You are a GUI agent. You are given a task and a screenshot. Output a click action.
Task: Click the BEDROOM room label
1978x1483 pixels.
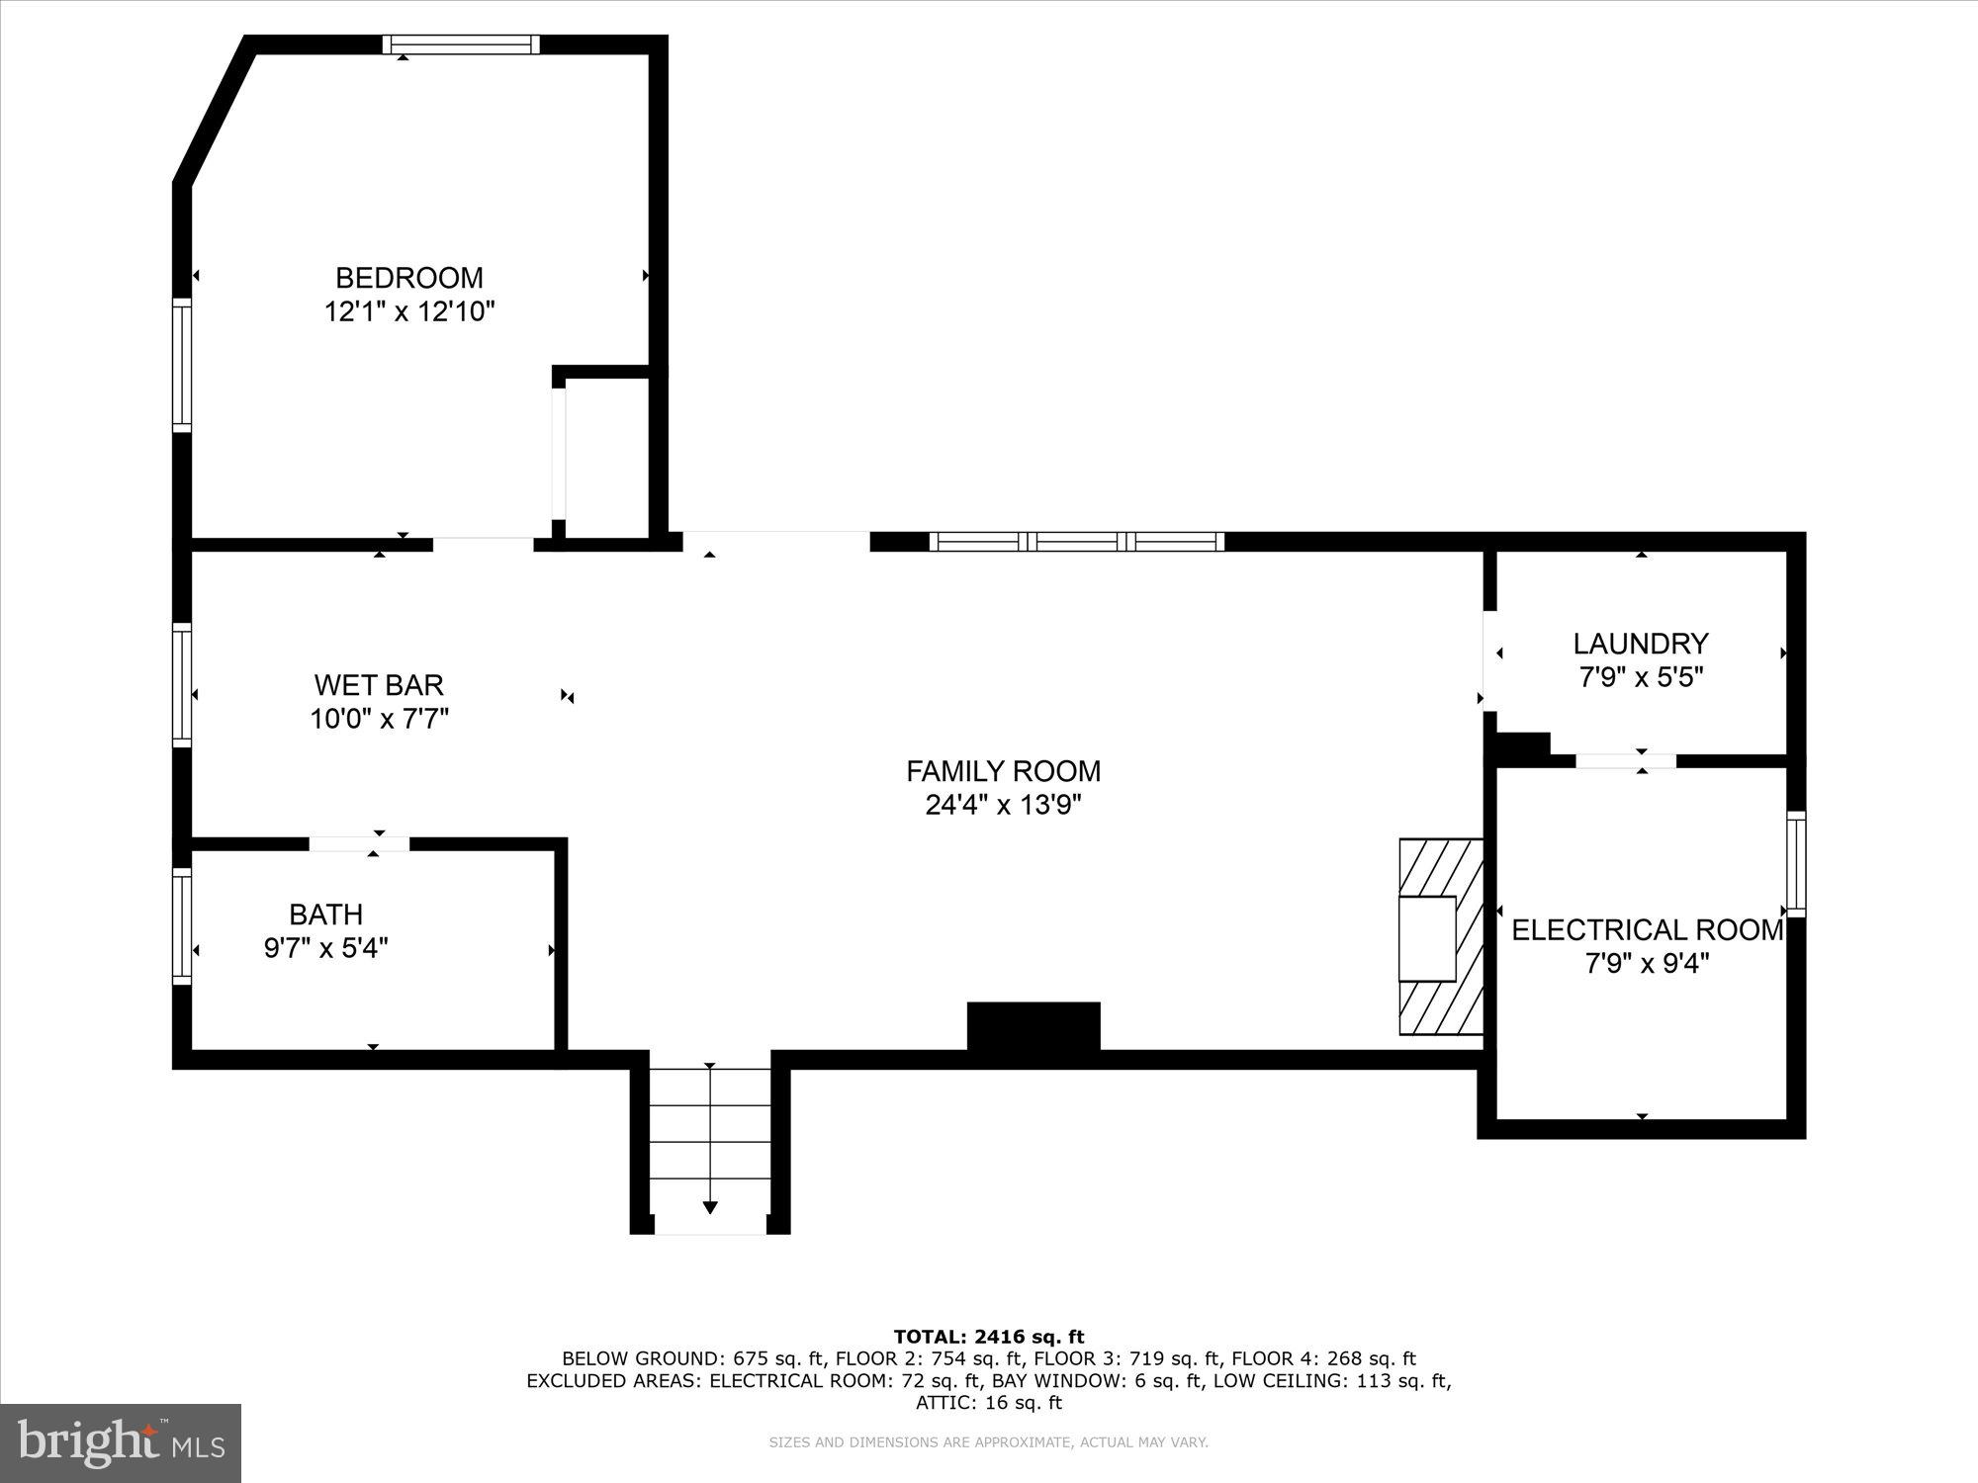[x=408, y=278]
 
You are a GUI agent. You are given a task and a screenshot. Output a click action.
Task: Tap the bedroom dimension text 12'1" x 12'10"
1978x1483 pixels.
[x=408, y=312]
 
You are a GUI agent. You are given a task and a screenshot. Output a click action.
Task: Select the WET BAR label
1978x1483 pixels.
[x=379, y=684]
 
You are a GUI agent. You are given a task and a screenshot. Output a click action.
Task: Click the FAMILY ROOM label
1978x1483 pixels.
[x=1003, y=771]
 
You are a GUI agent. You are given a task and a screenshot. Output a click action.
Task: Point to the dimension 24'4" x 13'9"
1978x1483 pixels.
[x=1003, y=805]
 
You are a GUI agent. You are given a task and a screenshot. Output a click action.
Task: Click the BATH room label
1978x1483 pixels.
[x=325, y=914]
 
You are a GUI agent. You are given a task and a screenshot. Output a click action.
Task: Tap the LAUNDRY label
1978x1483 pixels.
[x=1640, y=644]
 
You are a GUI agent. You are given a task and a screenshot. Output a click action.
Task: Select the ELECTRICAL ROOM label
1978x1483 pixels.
[x=1647, y=930]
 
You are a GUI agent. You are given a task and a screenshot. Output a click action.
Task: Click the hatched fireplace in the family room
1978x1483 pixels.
[x=1441, y=936]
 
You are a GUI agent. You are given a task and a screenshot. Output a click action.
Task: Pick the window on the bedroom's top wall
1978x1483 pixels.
[x=462, y=44]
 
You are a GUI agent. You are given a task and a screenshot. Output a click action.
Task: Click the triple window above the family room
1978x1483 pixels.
[x=1077, y=541]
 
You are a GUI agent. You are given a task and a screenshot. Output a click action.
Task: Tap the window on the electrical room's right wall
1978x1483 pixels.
[x=1795, y=864]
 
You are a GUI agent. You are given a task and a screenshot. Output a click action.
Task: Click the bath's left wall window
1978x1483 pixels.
[x=182, y=925]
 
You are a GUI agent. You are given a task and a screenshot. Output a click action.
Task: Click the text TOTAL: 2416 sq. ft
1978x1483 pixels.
[x=988, y=1338]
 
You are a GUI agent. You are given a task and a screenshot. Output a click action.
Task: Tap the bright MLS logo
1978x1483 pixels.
[x=121, y=1442]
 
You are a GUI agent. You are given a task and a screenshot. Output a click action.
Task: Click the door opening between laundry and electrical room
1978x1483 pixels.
[x=1625, y=760]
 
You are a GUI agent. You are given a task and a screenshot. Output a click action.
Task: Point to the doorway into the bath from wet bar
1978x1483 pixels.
[x=359, y=843]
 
